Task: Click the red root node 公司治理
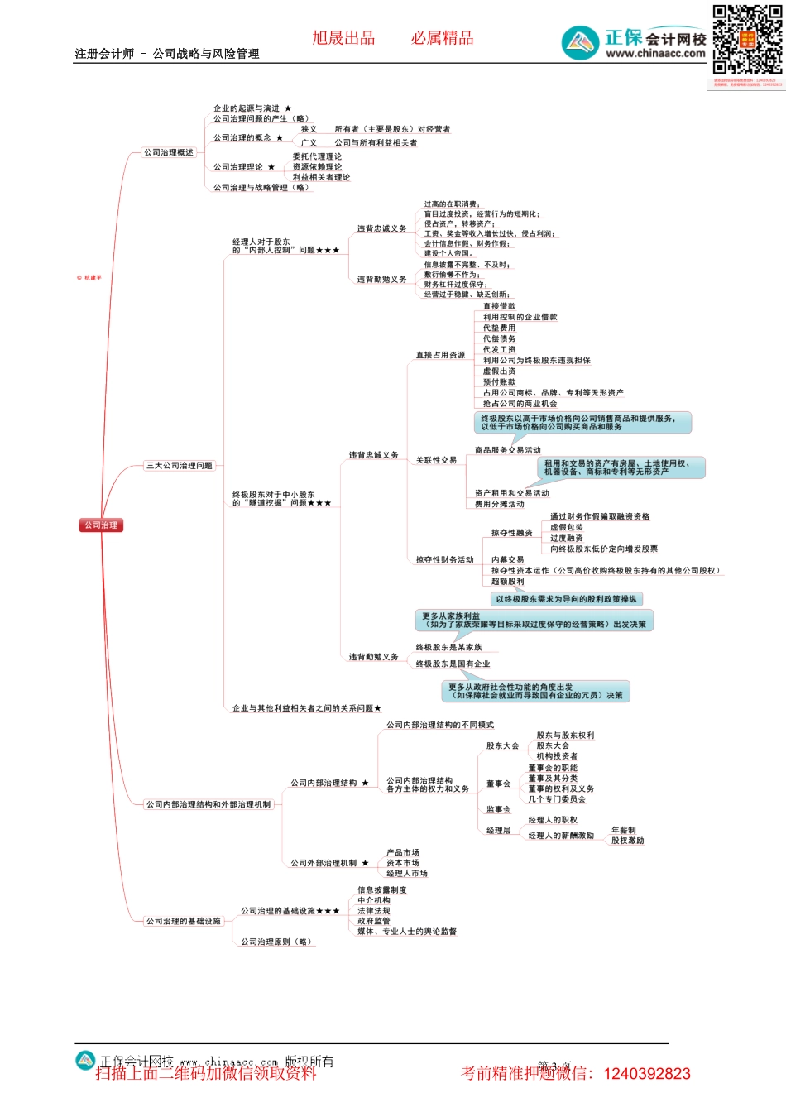[101, 525]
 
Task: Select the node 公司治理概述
[169, 152]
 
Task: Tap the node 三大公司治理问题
[180, 466]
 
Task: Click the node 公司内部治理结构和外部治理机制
[208, 804]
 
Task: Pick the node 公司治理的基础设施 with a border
[184, 921]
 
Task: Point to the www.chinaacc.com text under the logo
[655, 54]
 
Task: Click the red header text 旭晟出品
[343, 38]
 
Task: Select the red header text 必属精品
[442, 38]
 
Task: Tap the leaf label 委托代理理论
[317, 156]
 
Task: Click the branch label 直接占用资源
[440, 355]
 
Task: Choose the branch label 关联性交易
[436, 460]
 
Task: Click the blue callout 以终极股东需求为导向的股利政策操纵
[566, 599]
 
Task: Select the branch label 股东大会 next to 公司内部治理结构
[502, 746]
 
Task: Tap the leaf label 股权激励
[627, 841]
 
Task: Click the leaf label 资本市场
[403, 863]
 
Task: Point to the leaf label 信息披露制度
[382, 890]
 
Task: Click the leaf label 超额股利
[507, 582]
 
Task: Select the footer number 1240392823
[647, 1074]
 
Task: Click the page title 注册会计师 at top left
[104, 54]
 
